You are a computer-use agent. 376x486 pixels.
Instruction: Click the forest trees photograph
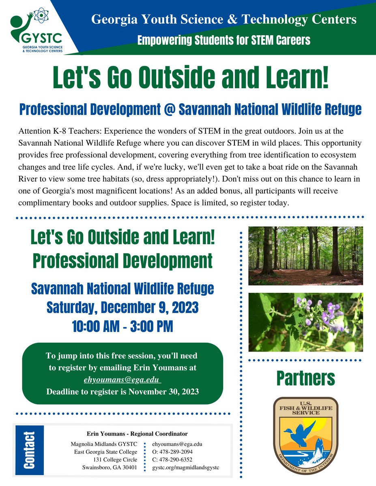305,256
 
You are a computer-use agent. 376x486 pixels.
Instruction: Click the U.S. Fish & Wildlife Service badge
305,435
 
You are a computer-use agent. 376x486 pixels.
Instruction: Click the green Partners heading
305,378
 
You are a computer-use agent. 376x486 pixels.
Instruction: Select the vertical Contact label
28,450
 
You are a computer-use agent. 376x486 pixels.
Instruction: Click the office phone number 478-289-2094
175,452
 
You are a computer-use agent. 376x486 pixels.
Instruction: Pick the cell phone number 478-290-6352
175,460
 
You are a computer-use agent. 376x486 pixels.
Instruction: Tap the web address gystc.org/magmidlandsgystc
185,468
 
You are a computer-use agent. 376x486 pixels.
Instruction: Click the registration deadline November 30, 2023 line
122,392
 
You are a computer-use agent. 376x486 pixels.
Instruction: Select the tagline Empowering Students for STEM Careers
223,40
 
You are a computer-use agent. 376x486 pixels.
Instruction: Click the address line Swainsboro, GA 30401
110,468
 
